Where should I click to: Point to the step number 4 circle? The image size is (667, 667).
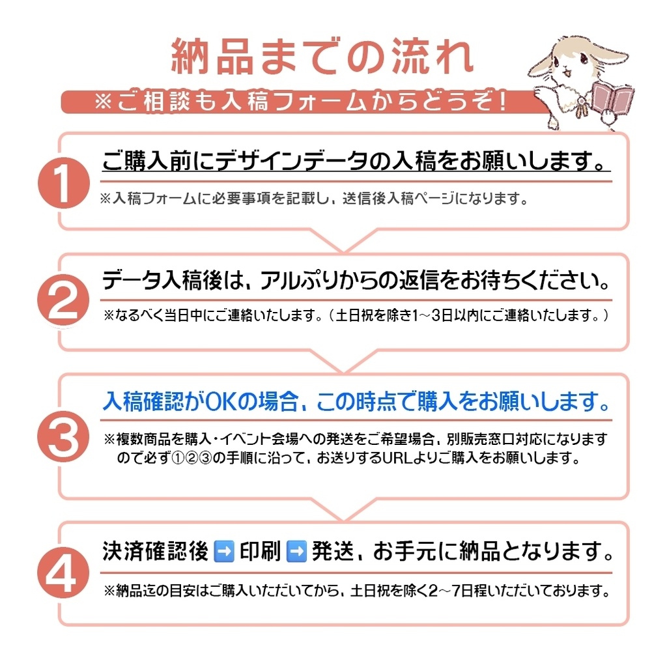click(63, 574)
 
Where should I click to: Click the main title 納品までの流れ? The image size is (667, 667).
click(322, 58)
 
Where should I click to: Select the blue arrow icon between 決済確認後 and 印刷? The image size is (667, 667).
click(223, 552)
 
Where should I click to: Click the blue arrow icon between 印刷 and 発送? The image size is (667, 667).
click(296, 552)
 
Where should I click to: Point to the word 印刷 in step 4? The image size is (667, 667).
click(260, 552)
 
